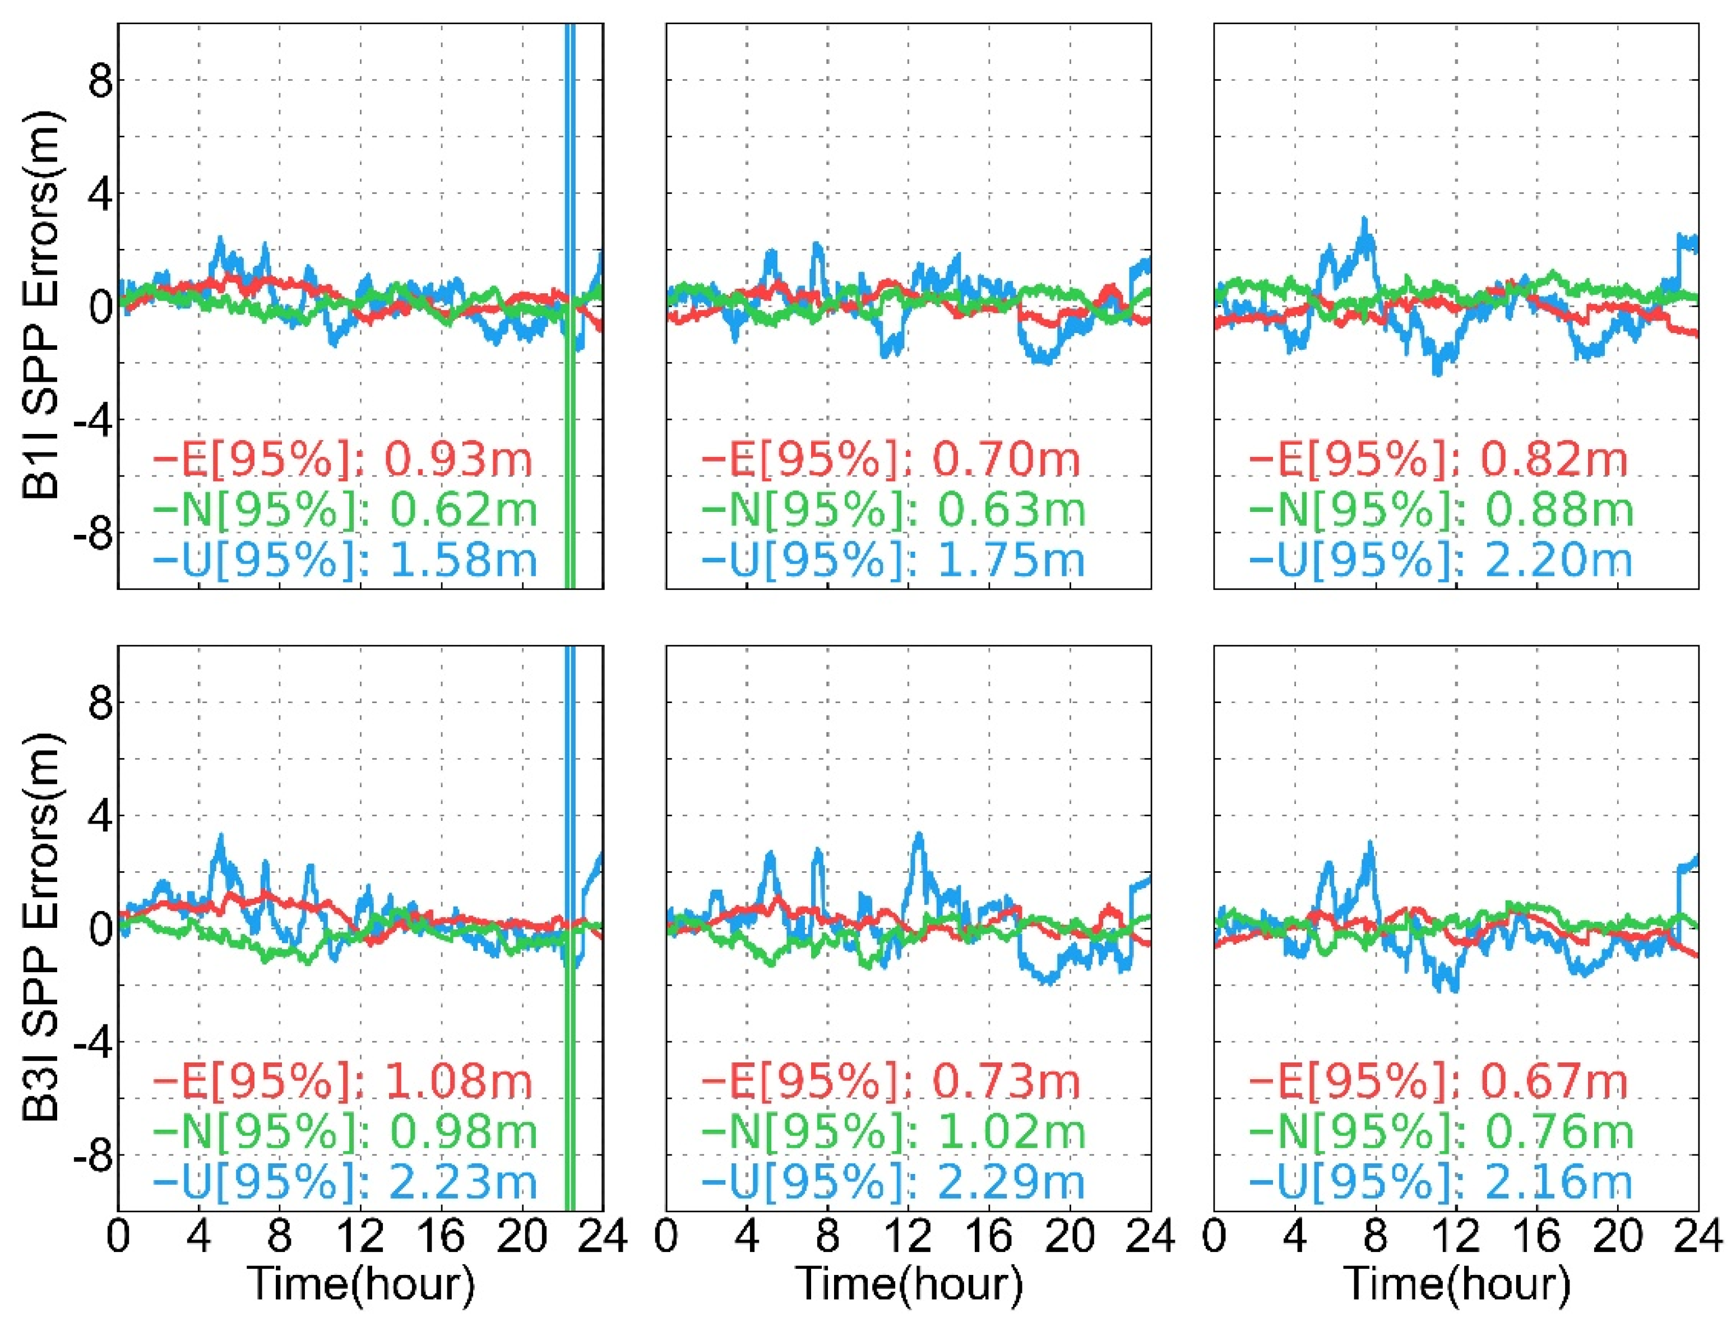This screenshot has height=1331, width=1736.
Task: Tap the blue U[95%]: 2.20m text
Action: pyautogui.click(x=1441, y=560)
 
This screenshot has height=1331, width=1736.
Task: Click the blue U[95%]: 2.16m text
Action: pyautogui.click(x=1441, y=1181)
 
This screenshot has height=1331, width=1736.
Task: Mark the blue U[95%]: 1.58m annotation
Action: pyautogui.click(x=345, y=560)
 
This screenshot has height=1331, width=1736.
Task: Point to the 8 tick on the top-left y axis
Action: pyautogui.click(x=100, y=80)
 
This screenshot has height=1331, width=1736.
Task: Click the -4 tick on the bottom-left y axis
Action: pyautogui.click(x=92, y=1041)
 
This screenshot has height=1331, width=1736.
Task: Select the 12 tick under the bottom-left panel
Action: pyautogui.click(x=360, y=1235)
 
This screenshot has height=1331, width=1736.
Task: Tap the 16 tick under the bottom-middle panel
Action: pyautogui.click(x=989, y=1235)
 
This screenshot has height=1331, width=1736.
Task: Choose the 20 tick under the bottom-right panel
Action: pyautogui.click(x=1618, y=1235)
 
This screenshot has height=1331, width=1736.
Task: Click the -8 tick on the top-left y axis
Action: pyautogui.click(x=92, y=533)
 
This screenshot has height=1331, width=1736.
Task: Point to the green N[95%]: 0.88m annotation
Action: pyautogui.click(x=1441, y=510)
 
